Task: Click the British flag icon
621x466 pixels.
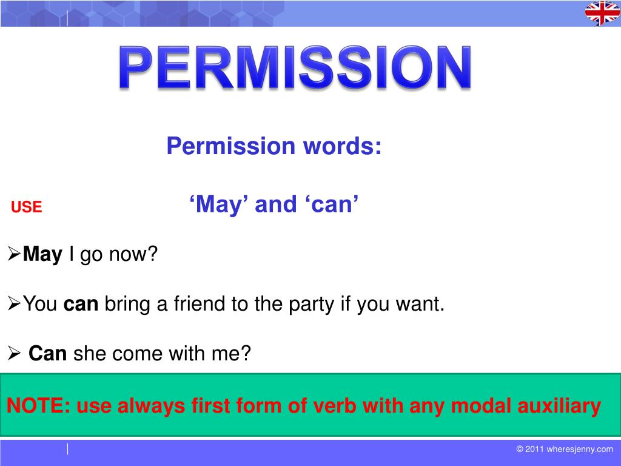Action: point(602,13)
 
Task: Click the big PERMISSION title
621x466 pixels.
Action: point(295,67)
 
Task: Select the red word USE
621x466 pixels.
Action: point(27,207)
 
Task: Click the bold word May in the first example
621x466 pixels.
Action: point(42,255)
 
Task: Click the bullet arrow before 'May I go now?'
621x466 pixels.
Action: point(14,254)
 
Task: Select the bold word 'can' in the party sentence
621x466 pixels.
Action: point(81,305)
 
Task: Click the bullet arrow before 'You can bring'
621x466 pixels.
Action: point(14,304)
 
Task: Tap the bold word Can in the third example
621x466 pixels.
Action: point(47,353)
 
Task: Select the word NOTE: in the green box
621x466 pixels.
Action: point(39,406)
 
